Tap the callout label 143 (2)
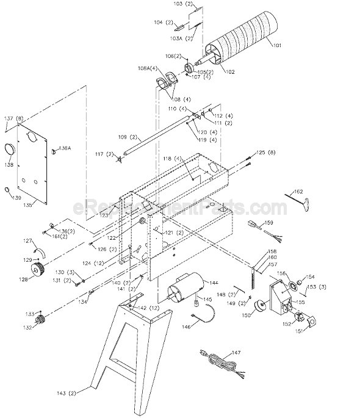pos(78,392)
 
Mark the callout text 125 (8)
pos(267,152)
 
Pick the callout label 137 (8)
pos(13,118)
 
